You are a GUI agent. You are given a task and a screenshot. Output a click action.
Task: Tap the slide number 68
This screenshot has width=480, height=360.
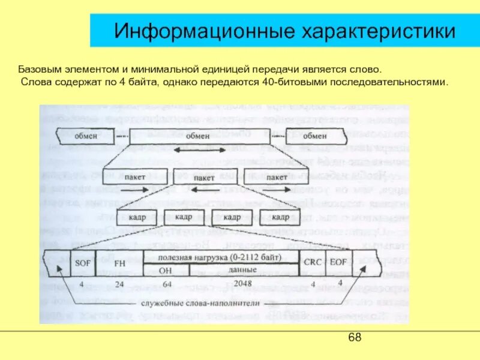pyautogui.click(x=355, y=338)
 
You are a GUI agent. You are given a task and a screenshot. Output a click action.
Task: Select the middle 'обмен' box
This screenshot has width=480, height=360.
pyautogui.click(x=197, y=136)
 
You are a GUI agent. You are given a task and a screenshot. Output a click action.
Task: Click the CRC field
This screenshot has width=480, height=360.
pyautogui.click(x=313, y=262)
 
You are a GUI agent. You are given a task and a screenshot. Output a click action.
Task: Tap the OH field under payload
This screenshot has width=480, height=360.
pyautogui.click(x=166, y=270)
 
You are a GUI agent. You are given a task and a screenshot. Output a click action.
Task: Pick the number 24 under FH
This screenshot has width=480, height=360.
pyautogui.click(x=119, y=283)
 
